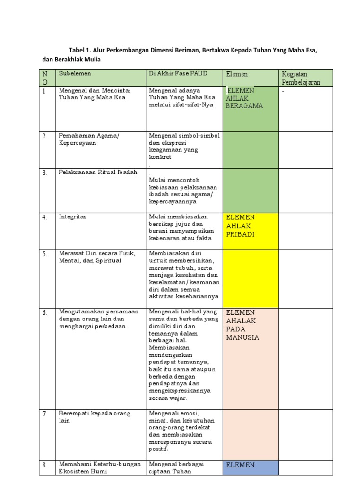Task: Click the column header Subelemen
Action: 75,74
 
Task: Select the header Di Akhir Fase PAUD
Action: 178,74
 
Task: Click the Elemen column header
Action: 237,74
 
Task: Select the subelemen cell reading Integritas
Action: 73,217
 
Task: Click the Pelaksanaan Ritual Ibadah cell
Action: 98,172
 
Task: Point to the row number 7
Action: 44,414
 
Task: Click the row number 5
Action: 44,254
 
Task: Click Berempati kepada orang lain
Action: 94,417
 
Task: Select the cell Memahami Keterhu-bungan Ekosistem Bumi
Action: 99,468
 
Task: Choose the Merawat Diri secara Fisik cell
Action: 96,257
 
